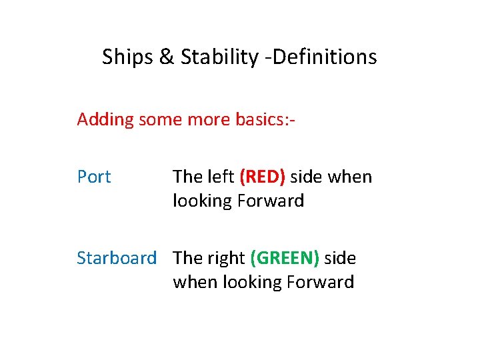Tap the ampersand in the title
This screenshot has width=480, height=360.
point(166,57)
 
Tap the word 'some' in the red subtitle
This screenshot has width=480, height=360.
point(159,120)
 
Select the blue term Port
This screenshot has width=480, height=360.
point(94,177)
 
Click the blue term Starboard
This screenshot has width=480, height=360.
point(117,259)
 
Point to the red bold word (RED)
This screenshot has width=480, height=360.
point(262,177)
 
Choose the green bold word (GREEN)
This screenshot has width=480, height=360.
point(285,259)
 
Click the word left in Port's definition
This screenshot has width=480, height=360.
point(220,177)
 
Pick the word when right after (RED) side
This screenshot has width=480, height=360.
point(350,177)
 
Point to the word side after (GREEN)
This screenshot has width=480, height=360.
point(340,259)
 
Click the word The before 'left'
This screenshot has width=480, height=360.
point(187,177)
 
